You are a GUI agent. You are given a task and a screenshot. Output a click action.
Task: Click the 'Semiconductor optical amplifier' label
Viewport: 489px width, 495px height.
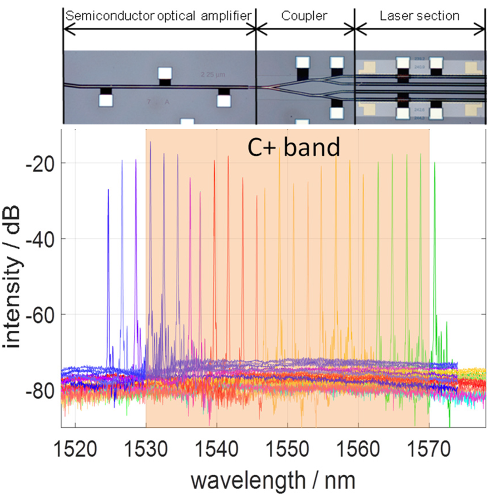point(159,16)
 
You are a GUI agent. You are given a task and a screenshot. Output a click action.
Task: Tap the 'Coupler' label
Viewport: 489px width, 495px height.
point(305,16)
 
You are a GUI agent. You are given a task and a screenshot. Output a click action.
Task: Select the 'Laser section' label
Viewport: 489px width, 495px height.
point(419,16)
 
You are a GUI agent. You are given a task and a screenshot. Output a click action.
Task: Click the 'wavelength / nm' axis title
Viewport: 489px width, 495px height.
point(273,477)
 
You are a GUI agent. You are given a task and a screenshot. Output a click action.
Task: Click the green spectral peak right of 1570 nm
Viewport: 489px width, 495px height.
point(435,167)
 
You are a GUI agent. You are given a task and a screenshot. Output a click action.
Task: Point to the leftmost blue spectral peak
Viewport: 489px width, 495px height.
point(108,192)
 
